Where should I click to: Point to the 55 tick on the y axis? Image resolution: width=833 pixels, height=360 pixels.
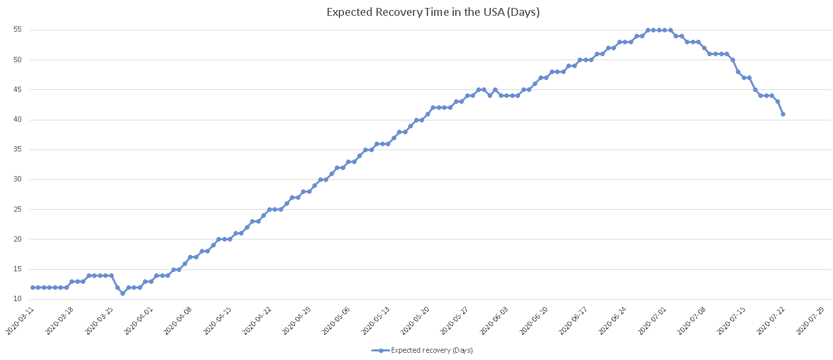coord(17,29)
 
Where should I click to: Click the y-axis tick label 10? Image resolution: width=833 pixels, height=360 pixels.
coord(17,299)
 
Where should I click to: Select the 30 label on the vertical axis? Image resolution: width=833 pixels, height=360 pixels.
coord(17,179)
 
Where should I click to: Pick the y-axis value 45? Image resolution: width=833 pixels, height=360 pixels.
coord(17,89)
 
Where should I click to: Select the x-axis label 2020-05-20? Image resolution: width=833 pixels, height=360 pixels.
coord(415,320)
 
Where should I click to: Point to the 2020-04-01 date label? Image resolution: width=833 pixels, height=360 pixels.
coord(138,320)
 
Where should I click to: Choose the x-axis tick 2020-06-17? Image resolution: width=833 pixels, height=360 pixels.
coord(573,320)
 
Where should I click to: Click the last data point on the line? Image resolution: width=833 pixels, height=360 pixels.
coord(783,114)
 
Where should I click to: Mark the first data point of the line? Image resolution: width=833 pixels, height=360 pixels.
coord(32,287)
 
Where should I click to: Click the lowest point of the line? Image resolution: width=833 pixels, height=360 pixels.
coord(122,293)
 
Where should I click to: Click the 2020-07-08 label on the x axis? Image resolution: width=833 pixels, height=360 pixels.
coord(691,320)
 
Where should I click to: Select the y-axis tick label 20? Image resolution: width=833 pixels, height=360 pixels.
coord(17,239)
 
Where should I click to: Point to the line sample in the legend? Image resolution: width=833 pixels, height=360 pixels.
coord(380,350)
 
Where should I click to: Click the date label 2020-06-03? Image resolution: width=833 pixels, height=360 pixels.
coord(494,320)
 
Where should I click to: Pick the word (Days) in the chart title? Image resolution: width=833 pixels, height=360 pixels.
coord(523,13)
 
